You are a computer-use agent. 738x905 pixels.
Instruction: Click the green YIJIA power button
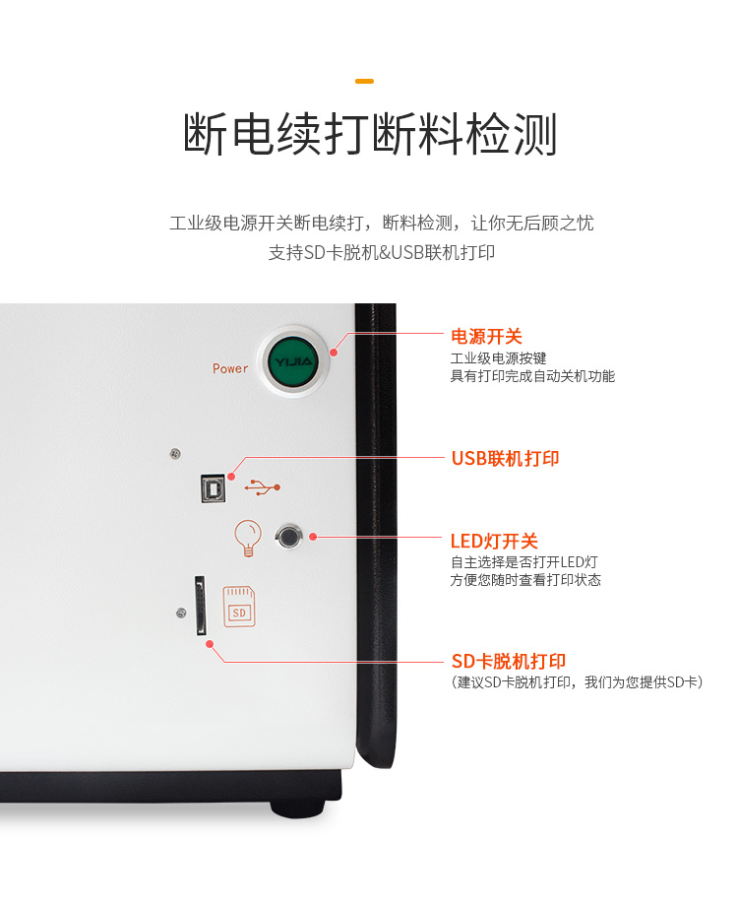click(291, 360)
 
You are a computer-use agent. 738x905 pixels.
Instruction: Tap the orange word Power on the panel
click(230, 368)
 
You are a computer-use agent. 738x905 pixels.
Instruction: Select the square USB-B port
click(214, 486)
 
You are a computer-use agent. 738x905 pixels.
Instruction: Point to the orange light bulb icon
click(246, 537)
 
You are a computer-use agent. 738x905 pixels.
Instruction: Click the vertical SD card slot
click(201, 606)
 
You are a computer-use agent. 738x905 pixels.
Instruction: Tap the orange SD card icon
click(238, 607)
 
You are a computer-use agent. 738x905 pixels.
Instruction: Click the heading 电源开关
click(486, 337)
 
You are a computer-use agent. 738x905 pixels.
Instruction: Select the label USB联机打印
click(505, 458)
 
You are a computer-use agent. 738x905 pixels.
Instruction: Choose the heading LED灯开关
click(494, 541)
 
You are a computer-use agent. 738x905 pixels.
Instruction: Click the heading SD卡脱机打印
click(508, 661)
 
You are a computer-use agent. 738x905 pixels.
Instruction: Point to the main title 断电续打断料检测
click(370, 135)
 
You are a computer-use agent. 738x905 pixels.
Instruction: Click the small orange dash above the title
click(364, 81)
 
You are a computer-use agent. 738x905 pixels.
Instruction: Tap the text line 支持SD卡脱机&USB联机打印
click(381, 252)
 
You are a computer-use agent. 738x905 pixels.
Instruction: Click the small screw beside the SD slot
click(180, 614)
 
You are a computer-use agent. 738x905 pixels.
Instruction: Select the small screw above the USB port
click(174, 453)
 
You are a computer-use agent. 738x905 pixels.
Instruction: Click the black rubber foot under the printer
click(297, 808)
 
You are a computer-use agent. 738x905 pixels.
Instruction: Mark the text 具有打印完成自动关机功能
click(532, 376)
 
